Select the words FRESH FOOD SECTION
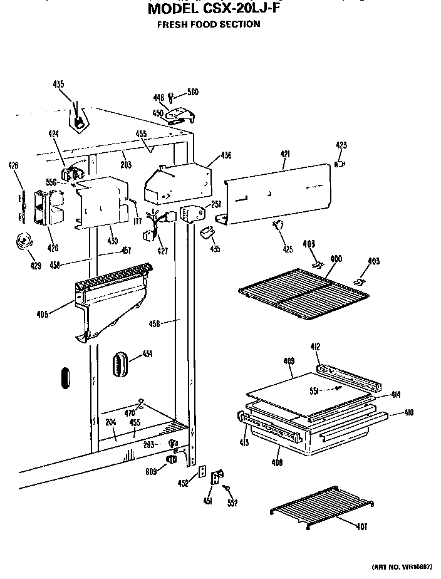(x=208, y=24)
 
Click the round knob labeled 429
(x=24, y=241)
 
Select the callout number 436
(x=226, y=155)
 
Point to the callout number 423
(x=341, y=146)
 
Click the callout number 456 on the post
(x=155, y=323)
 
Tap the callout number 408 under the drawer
(x=278, y=462)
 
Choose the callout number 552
(x=232, y=503)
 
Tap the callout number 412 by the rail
(x=315, y=346)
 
